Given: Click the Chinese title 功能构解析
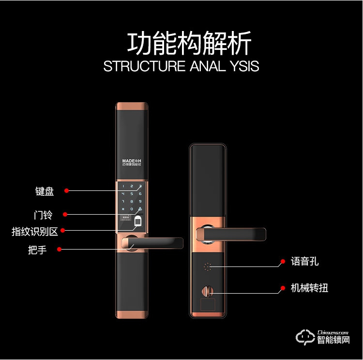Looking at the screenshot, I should [189, 44].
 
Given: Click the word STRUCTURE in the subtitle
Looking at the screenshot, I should [144, 66].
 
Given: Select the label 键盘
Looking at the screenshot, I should [45, 191].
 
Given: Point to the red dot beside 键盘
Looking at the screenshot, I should [67, 190].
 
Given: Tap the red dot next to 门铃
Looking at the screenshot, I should [64, 214].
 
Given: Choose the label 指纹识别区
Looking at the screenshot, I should [35, 232].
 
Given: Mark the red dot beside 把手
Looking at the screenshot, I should [59, 250].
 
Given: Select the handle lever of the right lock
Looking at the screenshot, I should [237, 234].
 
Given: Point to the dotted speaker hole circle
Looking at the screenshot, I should [208, 266].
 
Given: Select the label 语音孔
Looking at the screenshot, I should [305, 262].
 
